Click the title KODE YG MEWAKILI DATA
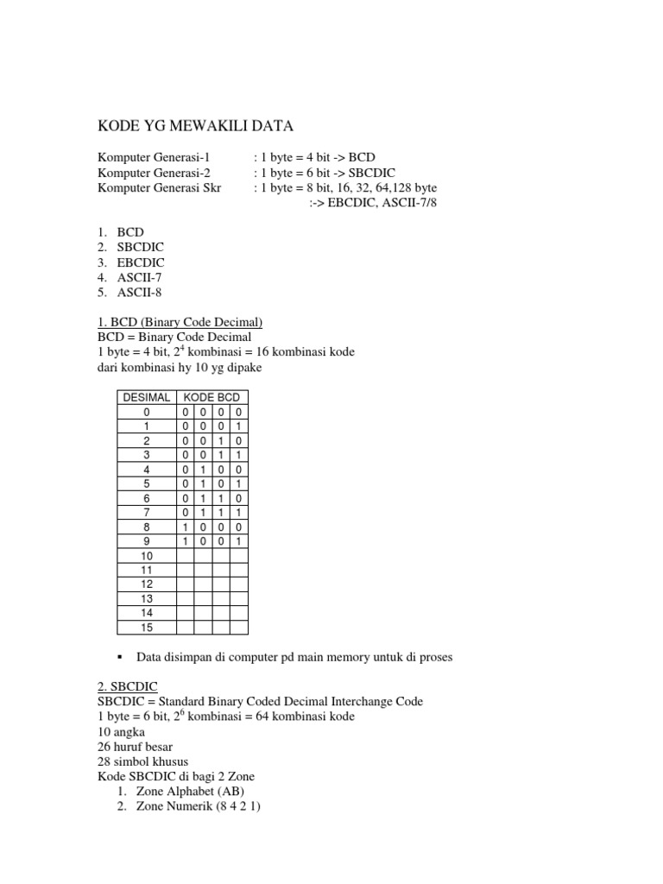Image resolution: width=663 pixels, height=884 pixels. click(195, 127)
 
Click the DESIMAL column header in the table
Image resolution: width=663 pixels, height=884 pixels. click(146, 397)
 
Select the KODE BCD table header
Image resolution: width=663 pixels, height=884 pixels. click(212, 397)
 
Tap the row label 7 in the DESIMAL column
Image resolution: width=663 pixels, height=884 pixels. click(146, 513)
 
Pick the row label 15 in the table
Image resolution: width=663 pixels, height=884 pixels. click(146, 628)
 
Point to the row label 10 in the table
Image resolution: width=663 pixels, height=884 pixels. click(146, 556)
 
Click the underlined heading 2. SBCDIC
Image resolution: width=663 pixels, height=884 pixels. click(126, 687)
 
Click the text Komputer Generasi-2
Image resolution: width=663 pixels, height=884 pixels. click(155, 173)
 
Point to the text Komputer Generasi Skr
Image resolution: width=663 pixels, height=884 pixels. click(159, 187)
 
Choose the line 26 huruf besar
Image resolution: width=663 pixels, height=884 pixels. click(138, 746)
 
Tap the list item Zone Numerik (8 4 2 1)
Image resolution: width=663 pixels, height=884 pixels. click(193, 805)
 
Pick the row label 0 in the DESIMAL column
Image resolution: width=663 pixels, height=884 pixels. click(146, 412)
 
